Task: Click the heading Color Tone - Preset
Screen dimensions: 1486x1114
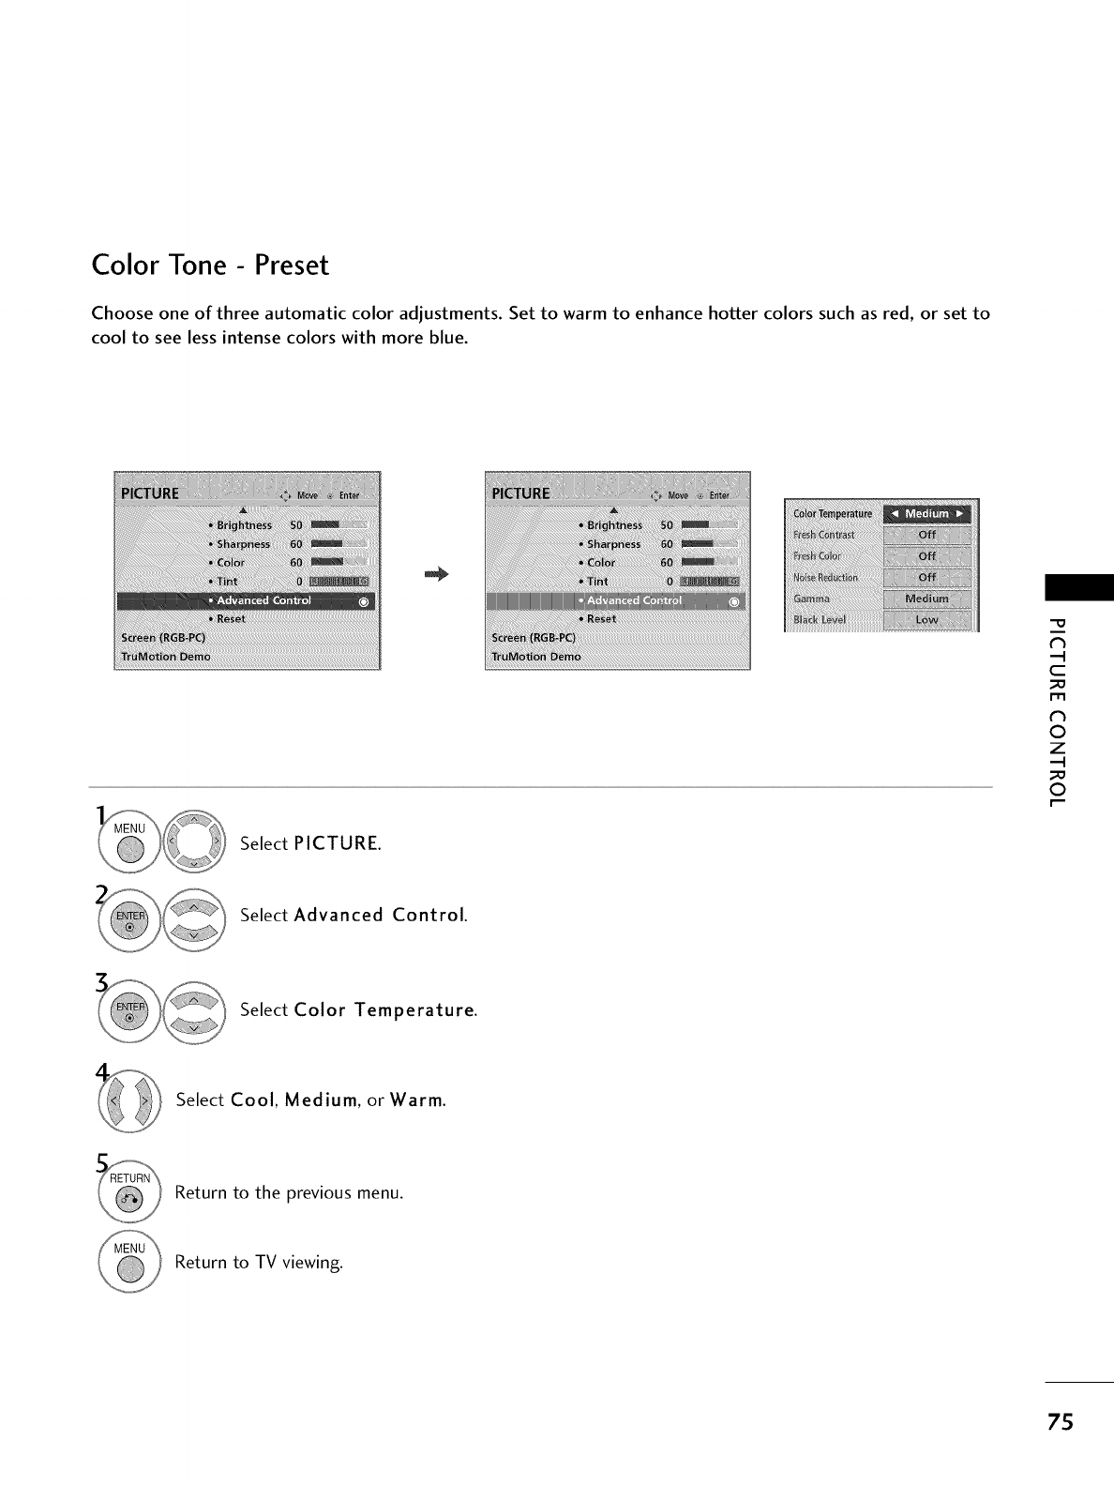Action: click(x=210, y=265)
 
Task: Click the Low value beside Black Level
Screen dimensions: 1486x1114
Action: click(x=926, y=619)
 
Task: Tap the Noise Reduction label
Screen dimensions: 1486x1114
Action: click(x=825, y=578)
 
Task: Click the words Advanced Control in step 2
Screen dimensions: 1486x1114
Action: click(x=380, y=915)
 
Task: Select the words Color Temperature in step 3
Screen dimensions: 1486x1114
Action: click(x=384, y=1010)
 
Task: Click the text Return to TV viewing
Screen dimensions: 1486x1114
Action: click(x=259, y=1263)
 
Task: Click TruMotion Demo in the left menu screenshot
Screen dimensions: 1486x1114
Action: click(x=166, y=657)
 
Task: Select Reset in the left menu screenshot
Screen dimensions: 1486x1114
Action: click(x=231, y=619)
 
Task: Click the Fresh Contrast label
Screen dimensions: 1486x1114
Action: click(x=824, y=535)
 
